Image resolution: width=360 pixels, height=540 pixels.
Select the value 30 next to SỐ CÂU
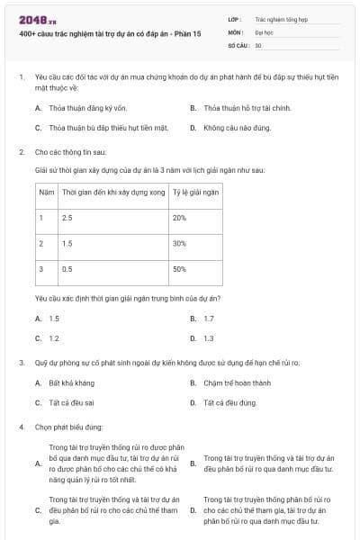tap(258, 44)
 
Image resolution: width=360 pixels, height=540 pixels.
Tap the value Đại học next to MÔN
tap(264, 31)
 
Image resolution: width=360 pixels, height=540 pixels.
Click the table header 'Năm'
tap(46, 193)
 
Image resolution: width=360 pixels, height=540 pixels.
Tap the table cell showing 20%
tap(179, 219)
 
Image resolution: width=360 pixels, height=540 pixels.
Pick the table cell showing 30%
tap(179, 244)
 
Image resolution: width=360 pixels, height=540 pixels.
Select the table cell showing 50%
tap(179, 269)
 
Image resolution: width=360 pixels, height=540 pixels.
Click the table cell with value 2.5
tap(67, 219)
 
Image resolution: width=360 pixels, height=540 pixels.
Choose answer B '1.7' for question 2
tap(209, 319)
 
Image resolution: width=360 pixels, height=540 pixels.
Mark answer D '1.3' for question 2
tap(209, 338)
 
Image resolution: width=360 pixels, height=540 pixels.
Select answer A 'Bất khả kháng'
tap(68, 383)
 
